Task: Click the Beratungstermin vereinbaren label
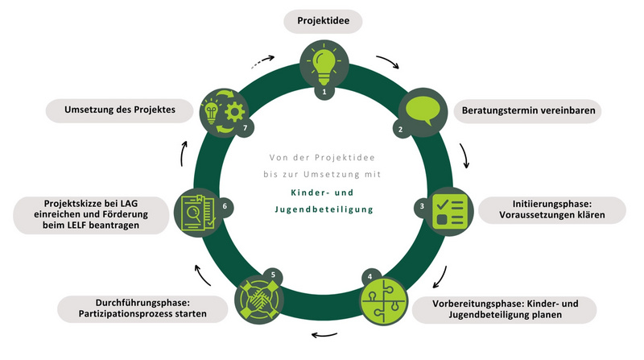pos(529,110)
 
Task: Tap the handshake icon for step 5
pos(262,298)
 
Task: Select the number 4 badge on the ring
pos(369,276)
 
